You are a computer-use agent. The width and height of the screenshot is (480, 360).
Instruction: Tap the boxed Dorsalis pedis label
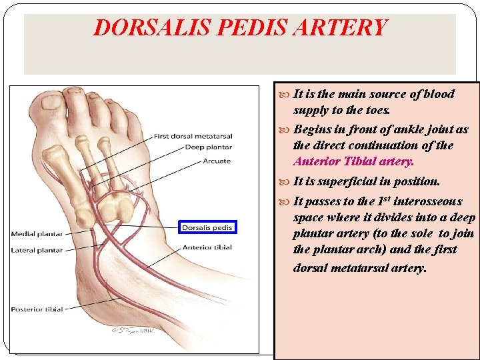click(x=207, y=227)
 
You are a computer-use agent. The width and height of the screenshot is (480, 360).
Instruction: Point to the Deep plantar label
click(x=208, y=147)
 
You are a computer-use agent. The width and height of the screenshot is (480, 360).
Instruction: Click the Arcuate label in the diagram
click(x=217, y=160)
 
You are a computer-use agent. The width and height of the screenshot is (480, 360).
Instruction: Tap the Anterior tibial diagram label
click(x=207, y=247)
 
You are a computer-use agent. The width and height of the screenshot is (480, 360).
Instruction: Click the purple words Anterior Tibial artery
click(x=353, y=161)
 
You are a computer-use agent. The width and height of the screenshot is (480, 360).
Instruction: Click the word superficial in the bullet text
click(x=353, y=181)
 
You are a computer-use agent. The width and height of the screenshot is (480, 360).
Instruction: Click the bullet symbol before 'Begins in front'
click(x=286, y=130)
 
